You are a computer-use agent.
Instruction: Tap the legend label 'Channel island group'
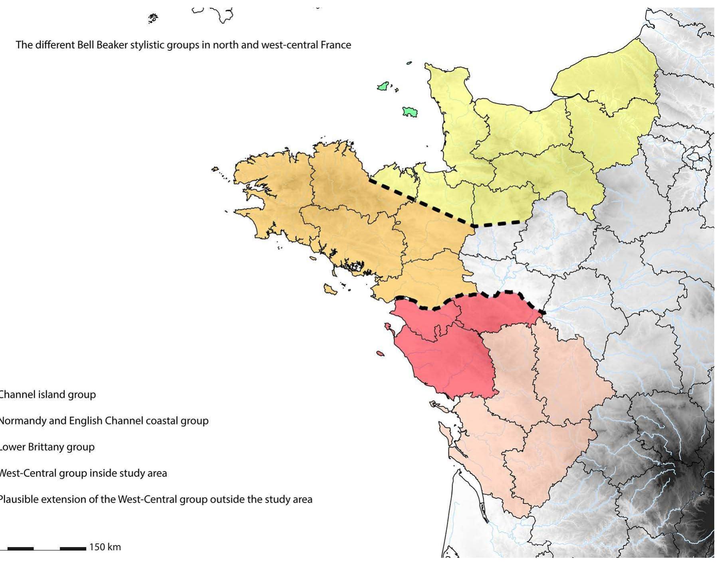tap(48, 395)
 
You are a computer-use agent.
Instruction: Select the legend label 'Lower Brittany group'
tap(47, 447)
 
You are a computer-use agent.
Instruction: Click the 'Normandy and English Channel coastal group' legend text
tap(104, 421)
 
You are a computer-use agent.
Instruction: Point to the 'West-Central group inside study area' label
tap(83, 473)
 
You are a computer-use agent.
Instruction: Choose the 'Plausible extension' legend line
tap(156, 500)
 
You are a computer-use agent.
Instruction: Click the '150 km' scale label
tap(105, 547)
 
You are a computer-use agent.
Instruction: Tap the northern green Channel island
tap(383, 86)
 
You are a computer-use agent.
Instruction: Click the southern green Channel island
tap(409, 112)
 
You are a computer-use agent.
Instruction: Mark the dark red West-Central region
tap(451, 359)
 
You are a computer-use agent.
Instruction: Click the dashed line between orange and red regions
tap(471, 297)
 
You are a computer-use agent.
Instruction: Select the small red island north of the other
tap(388, 327)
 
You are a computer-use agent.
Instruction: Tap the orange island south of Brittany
tap(330, 289)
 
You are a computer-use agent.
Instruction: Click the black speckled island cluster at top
tap(153, 18)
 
